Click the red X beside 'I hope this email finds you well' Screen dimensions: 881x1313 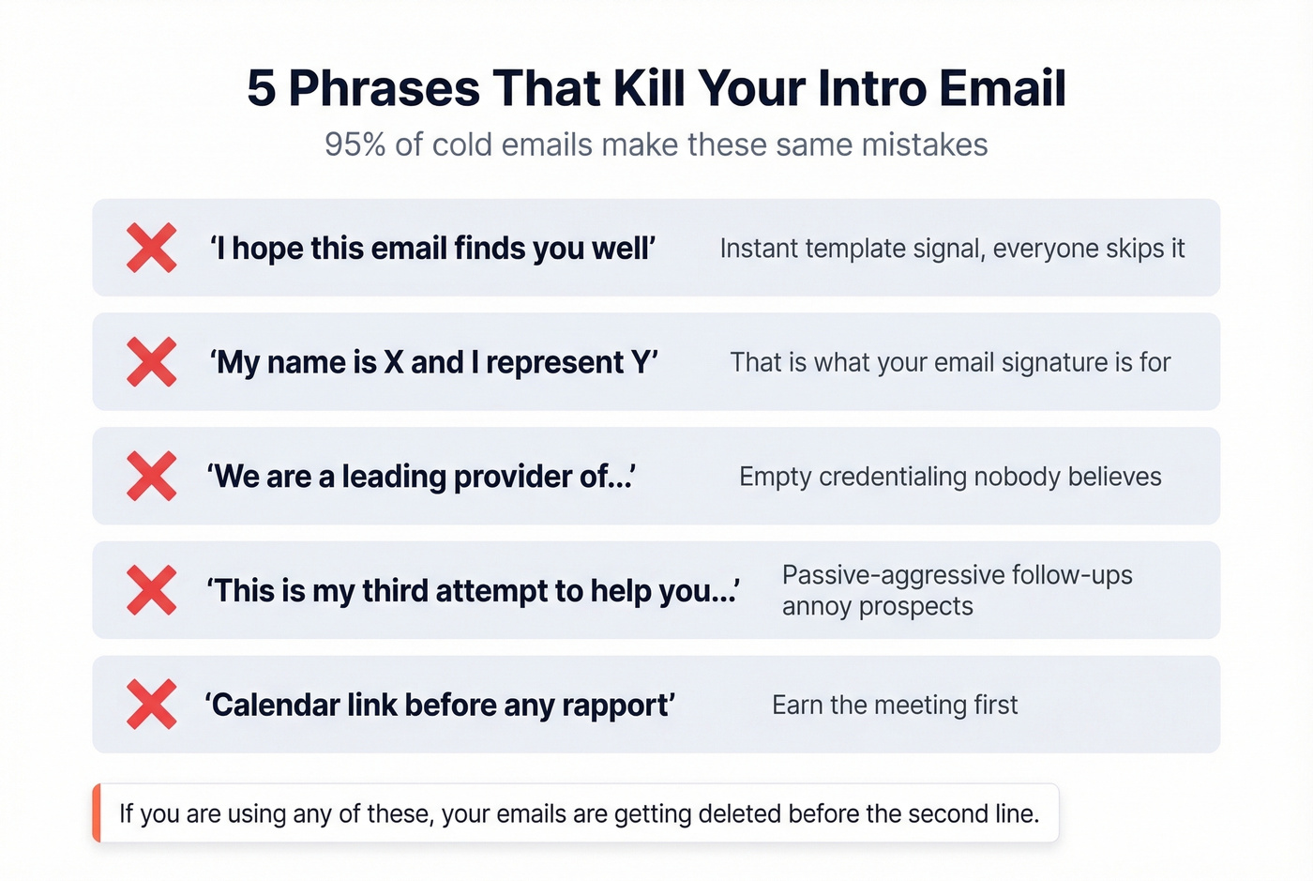click(152, 248)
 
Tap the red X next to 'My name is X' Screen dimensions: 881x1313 click(152, 362)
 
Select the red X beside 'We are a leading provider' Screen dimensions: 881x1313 click(152, 476)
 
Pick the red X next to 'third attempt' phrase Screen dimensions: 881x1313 click(152, 590)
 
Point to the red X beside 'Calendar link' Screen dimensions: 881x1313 click(152, 705)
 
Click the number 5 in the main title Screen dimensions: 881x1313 click(261, 88)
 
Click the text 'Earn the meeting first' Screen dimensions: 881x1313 click(894, 705)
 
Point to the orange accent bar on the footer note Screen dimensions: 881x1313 click(97, 813)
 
